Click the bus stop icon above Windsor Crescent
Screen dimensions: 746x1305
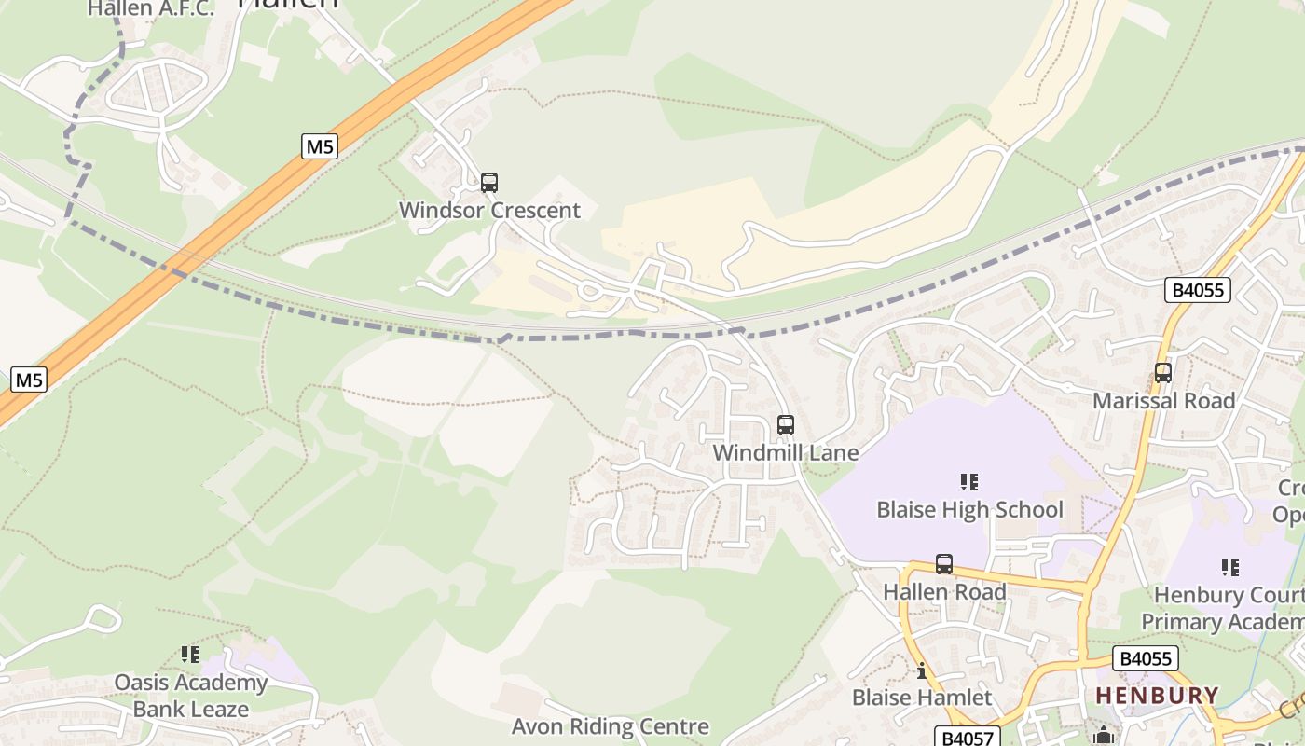pyautogui.click(x=489, y=183)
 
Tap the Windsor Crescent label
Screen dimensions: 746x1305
pyautogui.click(x=489, y=211)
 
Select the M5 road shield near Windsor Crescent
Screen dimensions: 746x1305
pyautogui.click(x=320, y=146)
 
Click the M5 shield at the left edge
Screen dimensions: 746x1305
pyautogui.click(x=29, y=380)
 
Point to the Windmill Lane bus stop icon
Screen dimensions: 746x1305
pyautogui.click(x=786, y=425)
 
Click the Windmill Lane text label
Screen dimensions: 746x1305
pyautogui.click(x=785, y=452)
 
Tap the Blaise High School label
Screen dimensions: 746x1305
pyautogui.click(x=969, y=509)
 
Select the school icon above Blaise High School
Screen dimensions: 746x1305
pyautogui.click(x=969, y=482)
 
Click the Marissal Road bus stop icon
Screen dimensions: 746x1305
pyautogui.click(x=1163, y=373)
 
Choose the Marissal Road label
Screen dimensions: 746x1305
pyautogui.click(x=1163, y=401)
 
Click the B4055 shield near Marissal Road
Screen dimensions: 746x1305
pyautogui.click(x=1198, y=290)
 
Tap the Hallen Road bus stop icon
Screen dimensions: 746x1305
pyautogui.click(x=944, y=564)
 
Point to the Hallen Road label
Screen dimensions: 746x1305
pyautogui.click(x=944, y=592)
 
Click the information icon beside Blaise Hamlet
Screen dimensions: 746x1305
pyautogui.click(x=922, y=670)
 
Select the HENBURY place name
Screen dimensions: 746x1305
pyautogui.click(x=1157, y=696)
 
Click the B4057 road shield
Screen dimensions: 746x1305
pyautogui.click(x=968, y=738)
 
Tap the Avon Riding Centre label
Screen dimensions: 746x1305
pyautogui.click(x=611, y=726)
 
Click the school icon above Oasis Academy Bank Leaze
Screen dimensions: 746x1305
pyautogui.click(x=190, y=655)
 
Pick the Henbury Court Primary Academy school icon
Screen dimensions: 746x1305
pyautogui.click(x=1230, y=567)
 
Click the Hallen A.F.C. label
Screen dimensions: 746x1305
pyautogui.click(x=151, y=9)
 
